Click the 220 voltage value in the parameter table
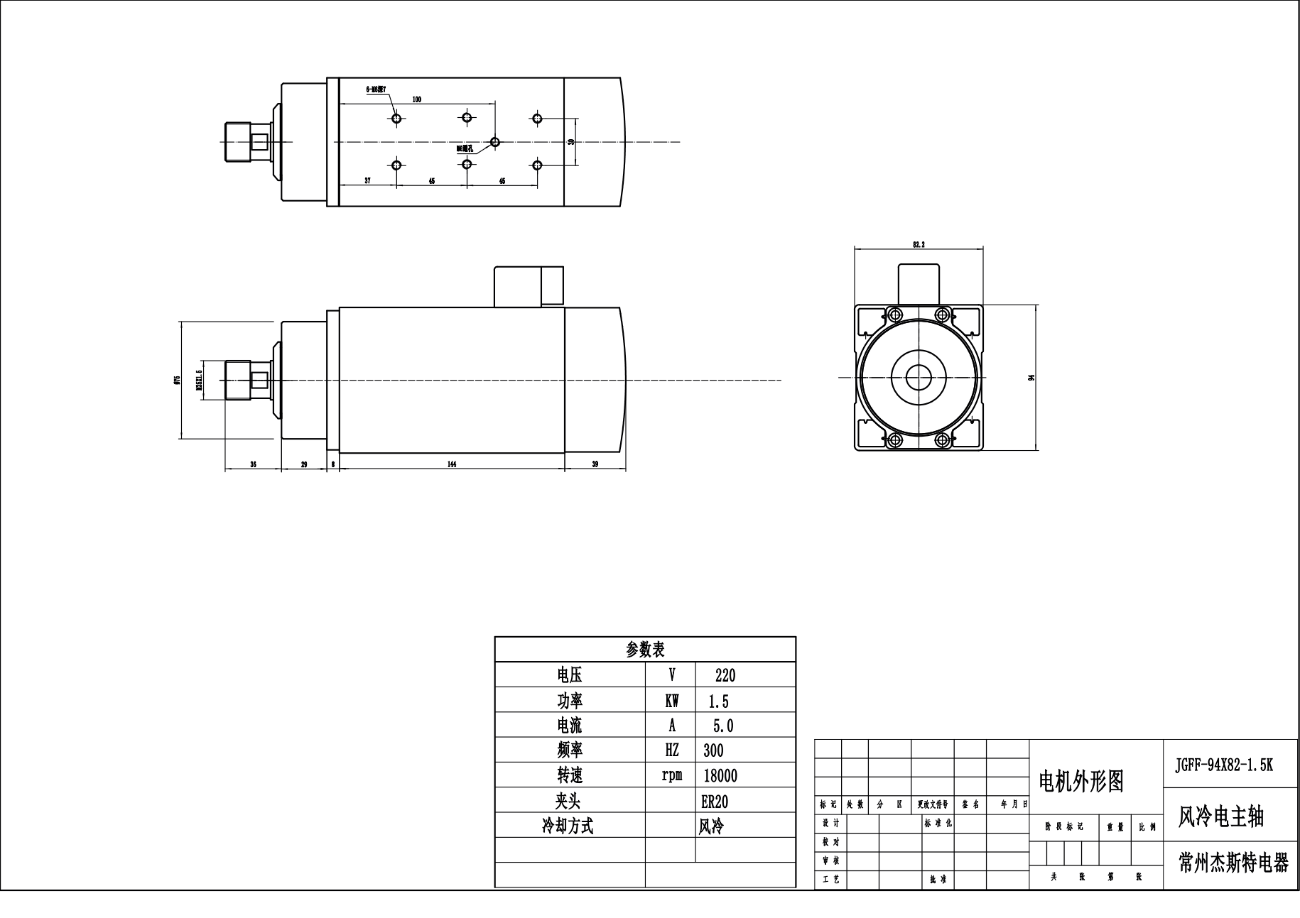pos(725,675)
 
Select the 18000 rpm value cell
pos(720,775)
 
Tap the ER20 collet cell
pos(715,801)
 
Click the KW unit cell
pos(671,701)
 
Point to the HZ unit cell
pos(671,750)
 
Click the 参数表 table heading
pos(645,649)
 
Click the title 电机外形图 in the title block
pos(1081,782)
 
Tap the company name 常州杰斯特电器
pos(1233,863)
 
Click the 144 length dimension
pos(452,464)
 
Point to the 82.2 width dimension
pos(918,244)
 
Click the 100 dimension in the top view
pos(416,99)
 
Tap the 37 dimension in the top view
pos(367,181)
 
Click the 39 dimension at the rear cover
pos(595,464)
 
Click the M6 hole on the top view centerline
pos(496,142)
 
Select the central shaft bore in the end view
pos(920,377)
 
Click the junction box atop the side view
pos(529,286)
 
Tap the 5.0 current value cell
pos(722,726)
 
